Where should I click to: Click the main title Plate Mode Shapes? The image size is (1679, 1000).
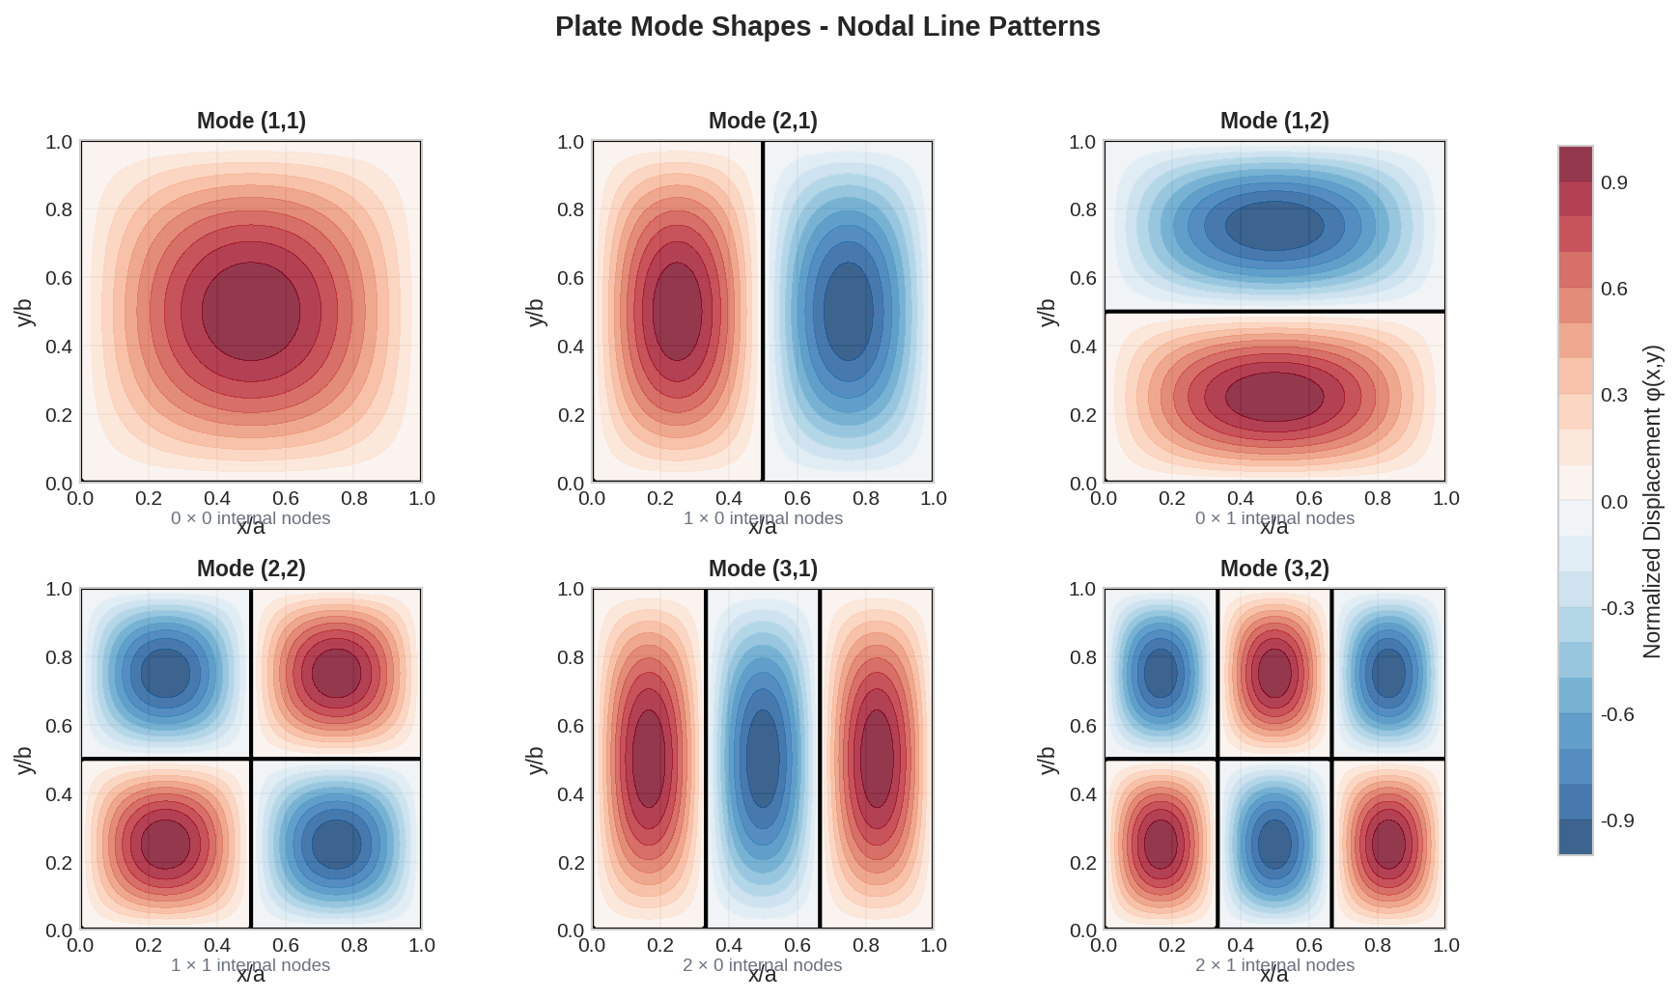[827, 26]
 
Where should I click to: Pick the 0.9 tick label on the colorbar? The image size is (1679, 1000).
[1613, 183]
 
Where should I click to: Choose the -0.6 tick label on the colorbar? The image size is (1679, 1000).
[1617, 714]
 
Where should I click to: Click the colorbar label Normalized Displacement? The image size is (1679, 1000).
[1652, 502]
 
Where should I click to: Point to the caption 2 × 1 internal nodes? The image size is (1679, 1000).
[1274, 965]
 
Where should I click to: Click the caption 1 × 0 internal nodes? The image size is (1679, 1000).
[763, 518]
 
